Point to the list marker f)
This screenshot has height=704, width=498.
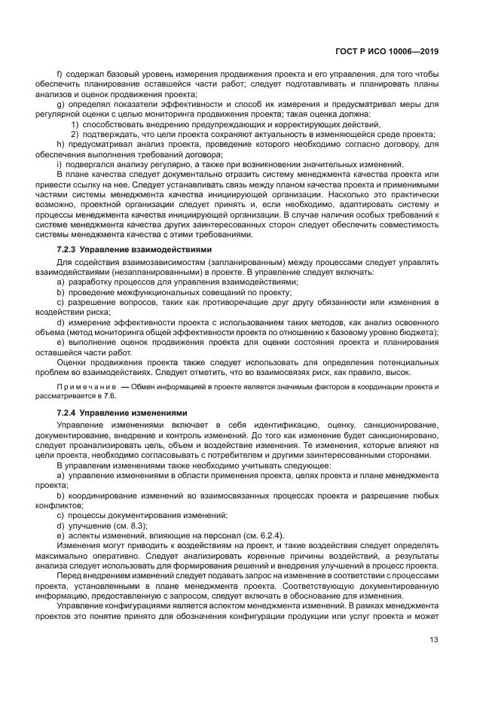60,75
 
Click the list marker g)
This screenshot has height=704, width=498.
60,105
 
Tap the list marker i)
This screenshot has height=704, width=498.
59,164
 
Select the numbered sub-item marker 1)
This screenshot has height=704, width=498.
75,124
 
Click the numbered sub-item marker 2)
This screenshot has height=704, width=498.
75,134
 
